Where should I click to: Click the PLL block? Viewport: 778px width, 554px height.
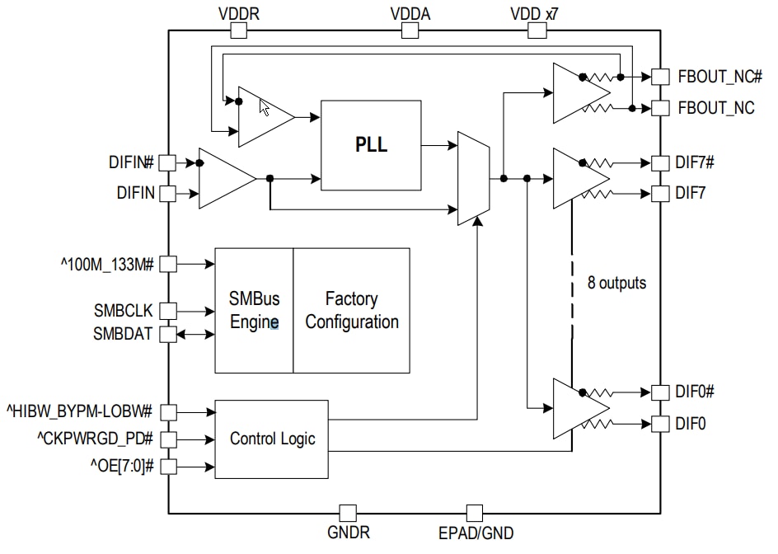tap(371, 145)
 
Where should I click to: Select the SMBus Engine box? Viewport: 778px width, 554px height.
tap(254, 311)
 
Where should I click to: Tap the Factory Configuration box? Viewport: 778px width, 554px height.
tap(352, 311)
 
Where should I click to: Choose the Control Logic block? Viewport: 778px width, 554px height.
tap(272, 439)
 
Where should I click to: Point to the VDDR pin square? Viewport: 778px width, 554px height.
tap(238, 31)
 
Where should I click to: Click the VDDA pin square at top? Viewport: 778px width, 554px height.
tap(410, 31)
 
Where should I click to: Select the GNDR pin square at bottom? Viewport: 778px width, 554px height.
tap(349, 513)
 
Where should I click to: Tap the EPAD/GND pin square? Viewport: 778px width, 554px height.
tap(475, 513)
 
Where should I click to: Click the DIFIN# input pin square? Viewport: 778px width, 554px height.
tap(167, 162)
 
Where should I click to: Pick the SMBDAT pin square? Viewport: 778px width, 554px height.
tap(167, 335)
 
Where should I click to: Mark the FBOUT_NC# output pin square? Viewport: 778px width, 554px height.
tap(660, 77)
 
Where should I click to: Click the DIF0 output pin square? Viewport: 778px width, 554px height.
tap(660, 424)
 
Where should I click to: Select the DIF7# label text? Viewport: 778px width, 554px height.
tap(695, 162)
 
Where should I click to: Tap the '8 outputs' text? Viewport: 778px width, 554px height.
tap(616, 283)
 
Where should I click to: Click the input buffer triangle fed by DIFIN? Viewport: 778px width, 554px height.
tap(226, 178)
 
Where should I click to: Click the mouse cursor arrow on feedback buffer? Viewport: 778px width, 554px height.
tap(265, 108)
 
